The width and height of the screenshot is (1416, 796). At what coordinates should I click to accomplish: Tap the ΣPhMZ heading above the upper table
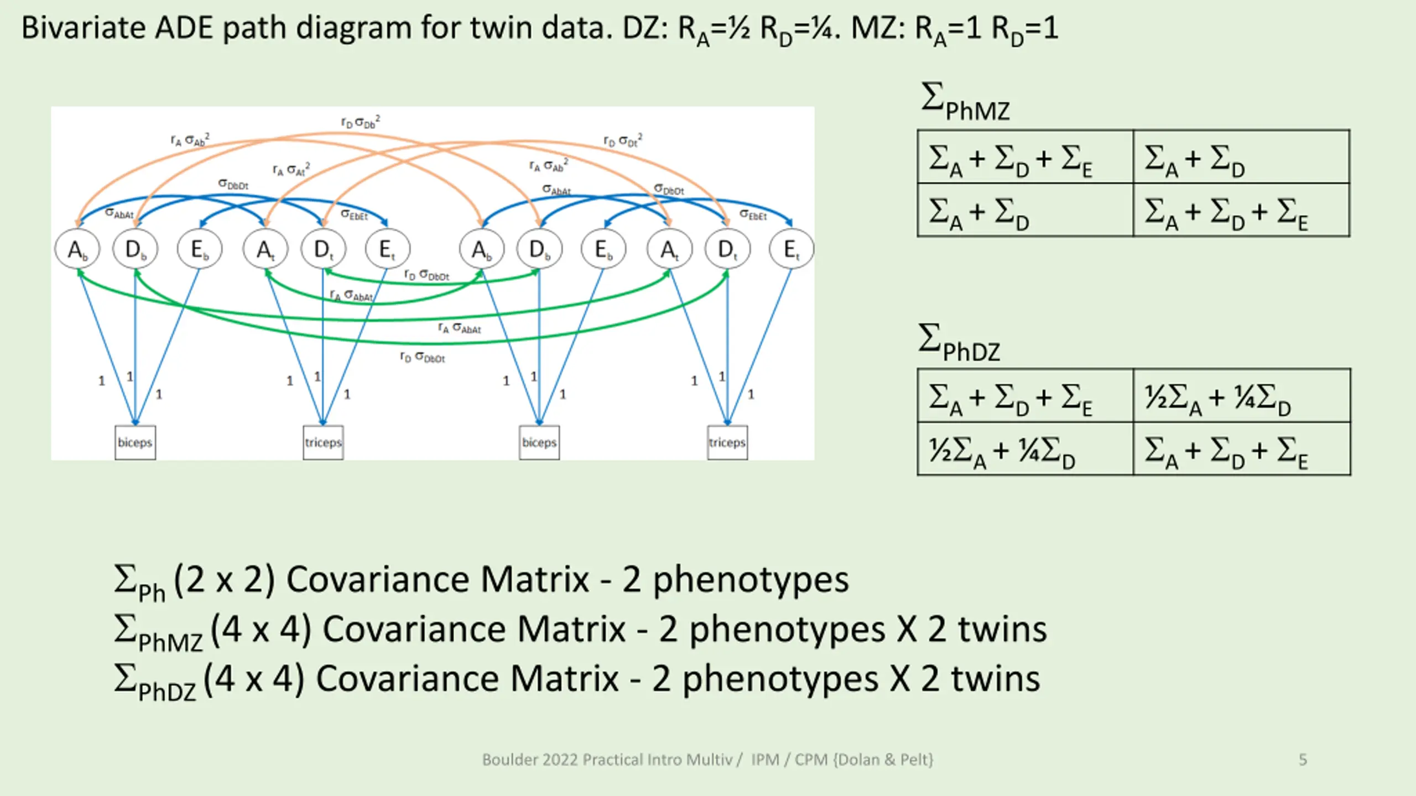(965, 102)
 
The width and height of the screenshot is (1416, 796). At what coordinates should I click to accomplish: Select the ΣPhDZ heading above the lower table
(960, 343)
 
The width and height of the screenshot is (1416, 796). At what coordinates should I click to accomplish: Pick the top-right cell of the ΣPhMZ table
(1241, 158)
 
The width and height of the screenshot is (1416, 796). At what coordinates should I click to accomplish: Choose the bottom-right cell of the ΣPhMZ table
(1241, 211)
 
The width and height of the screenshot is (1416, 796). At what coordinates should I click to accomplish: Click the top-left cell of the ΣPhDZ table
(1025, 396)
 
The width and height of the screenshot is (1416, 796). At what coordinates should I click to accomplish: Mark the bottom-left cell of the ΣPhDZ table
(1025, 449)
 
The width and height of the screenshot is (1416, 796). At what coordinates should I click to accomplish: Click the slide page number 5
(1303, 760)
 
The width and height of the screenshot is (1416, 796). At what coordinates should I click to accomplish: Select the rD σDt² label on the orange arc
(623, 140)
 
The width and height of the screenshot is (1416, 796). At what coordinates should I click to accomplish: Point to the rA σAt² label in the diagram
(291, 169)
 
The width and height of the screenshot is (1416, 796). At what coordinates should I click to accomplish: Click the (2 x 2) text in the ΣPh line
(224, 579)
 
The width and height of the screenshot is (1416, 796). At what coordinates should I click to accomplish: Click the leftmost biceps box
(135, 442)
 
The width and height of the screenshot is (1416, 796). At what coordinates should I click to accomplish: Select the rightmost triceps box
(727, 442)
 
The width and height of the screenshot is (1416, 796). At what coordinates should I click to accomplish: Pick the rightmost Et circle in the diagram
(791, 249)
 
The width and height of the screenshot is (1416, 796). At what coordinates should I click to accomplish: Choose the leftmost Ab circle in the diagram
(77, 249)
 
